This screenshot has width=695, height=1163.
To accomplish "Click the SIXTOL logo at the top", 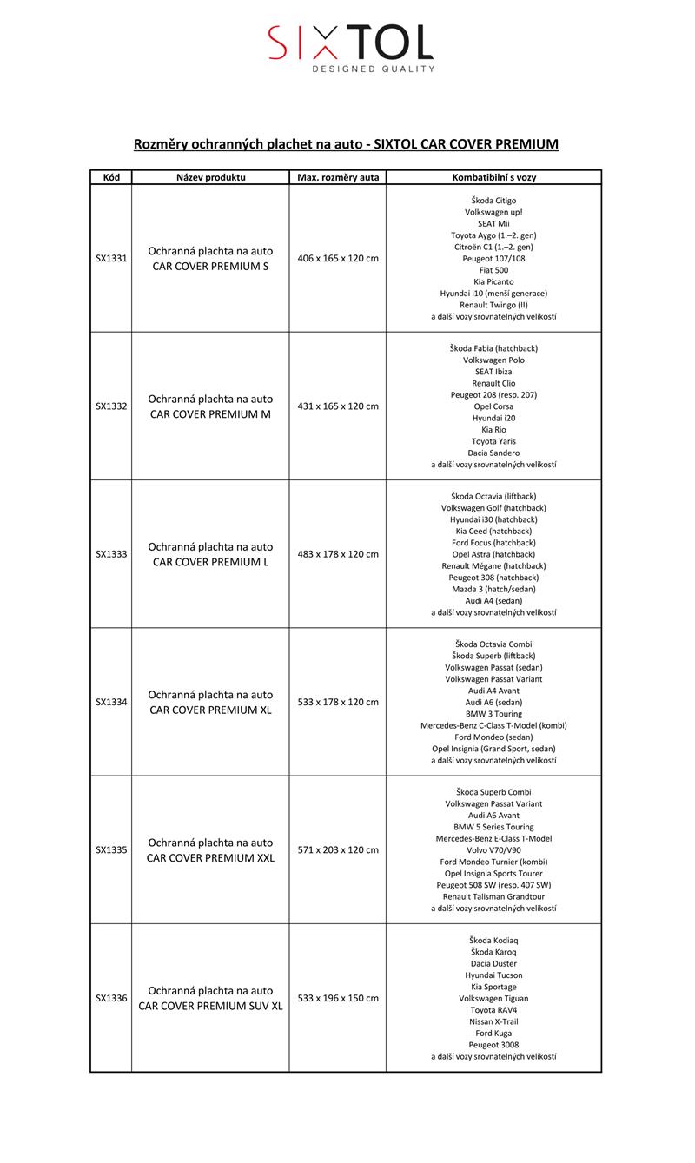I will (x=350, y=42).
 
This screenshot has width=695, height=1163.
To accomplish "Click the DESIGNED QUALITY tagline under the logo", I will (x=374, y=69).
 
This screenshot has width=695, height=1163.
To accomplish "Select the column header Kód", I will (x=111, y=177).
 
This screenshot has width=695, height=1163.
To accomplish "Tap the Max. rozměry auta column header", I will (x=338, y=177).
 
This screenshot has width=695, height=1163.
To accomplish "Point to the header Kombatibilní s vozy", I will (x=493, y=177).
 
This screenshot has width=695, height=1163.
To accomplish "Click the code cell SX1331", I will (x=111, y=258).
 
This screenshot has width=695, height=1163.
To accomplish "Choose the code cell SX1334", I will (x=111, y=702).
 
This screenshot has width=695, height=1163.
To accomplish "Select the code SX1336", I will (x=111, y=998).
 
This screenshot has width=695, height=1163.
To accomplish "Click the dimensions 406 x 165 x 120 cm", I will (x=338, y=258).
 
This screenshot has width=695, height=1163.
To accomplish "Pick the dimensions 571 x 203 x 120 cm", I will (x=338, y=849).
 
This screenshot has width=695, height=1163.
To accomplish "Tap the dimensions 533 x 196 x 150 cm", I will (x=338, y=998).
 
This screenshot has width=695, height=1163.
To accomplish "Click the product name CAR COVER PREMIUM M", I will (x=210, y=414).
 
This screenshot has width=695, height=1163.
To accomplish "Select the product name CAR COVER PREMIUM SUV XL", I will (x=210, y=1006).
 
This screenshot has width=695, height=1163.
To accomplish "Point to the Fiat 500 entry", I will (x=493, y=270).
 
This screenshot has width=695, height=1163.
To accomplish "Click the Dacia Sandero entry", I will (x=493, y=453).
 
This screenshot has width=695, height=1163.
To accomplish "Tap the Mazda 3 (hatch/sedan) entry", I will (x=493, y=589).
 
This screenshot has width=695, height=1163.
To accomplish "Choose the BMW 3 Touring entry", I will (x=493, y=714).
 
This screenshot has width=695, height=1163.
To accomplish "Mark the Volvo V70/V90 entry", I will (x=493, y=850).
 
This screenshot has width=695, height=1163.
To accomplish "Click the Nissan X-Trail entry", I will (x=493, y=1021).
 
